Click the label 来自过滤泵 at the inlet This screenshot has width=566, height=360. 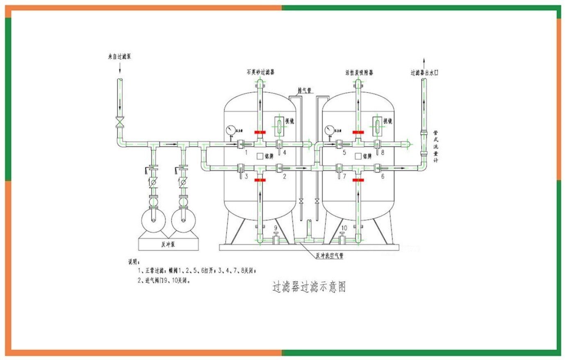119,57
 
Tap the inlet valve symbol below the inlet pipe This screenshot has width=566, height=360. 120,122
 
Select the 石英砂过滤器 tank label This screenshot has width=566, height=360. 258,72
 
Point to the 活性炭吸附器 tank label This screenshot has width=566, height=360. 359,73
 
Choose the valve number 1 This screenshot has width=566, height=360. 246,153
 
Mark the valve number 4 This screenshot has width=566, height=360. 284,153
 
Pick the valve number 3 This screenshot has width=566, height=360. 246,177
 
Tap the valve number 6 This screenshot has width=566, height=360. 383,177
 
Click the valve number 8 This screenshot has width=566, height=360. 382,153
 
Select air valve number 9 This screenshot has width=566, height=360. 276,228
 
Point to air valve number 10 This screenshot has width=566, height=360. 344,228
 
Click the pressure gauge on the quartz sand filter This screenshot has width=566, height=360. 231,130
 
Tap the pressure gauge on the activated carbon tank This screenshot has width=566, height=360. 329,130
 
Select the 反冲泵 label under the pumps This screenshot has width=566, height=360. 168,244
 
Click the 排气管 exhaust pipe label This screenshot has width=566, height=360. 304,90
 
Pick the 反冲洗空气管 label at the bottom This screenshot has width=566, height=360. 329,255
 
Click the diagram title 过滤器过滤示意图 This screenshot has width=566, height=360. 309,287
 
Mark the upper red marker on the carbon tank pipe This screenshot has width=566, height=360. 358,132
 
